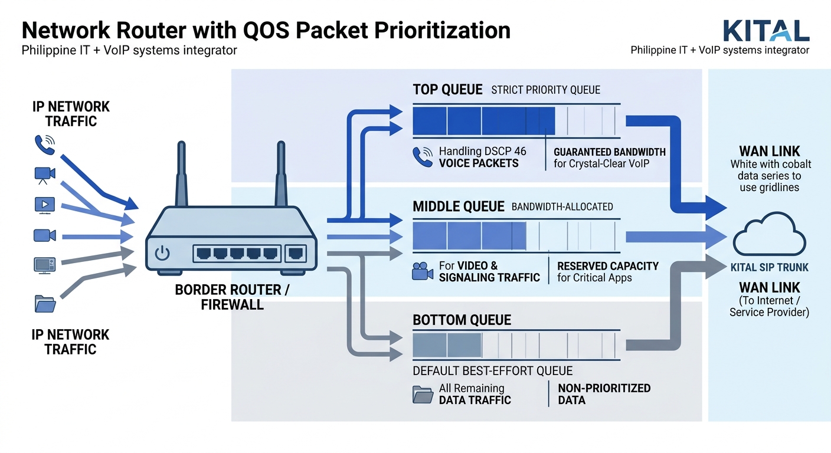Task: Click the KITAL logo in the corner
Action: click(765, 30)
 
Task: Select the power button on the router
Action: click(162, 254)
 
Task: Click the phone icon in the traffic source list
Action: click(44, 145)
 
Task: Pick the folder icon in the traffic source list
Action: click(45, 303)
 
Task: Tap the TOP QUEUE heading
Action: click(447, 90)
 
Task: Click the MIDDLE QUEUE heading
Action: click(459, 206)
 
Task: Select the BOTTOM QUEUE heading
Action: click(462, 320)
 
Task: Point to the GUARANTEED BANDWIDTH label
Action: click(609, 152)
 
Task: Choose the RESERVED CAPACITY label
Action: click(607, 266)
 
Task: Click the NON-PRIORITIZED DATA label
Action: click(604, 394)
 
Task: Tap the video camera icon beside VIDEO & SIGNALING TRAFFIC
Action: click(423, 271)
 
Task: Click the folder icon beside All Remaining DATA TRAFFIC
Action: click(423, 394)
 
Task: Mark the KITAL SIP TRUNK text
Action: click(769, 267)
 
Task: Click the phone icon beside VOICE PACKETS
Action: click(423, 157)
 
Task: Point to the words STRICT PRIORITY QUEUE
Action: click(545, 90)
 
